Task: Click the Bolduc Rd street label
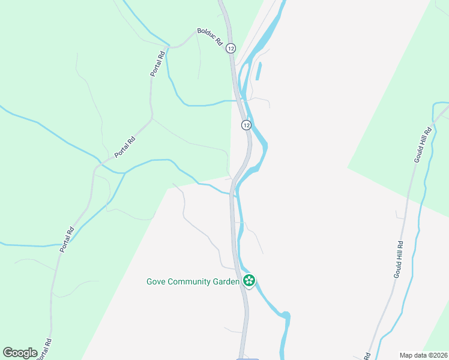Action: coord(210,37)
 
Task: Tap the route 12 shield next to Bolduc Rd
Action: coord(232,48)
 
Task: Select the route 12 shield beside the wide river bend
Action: coord(246,125)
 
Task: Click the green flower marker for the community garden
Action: coord(249,280)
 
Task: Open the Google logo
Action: coord(20,353)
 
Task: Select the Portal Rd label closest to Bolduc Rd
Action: coord(158,64)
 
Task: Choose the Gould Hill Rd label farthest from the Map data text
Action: coord(423,145)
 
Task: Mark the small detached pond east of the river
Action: coord(259,71)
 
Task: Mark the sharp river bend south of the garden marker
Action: coord(286,315)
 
